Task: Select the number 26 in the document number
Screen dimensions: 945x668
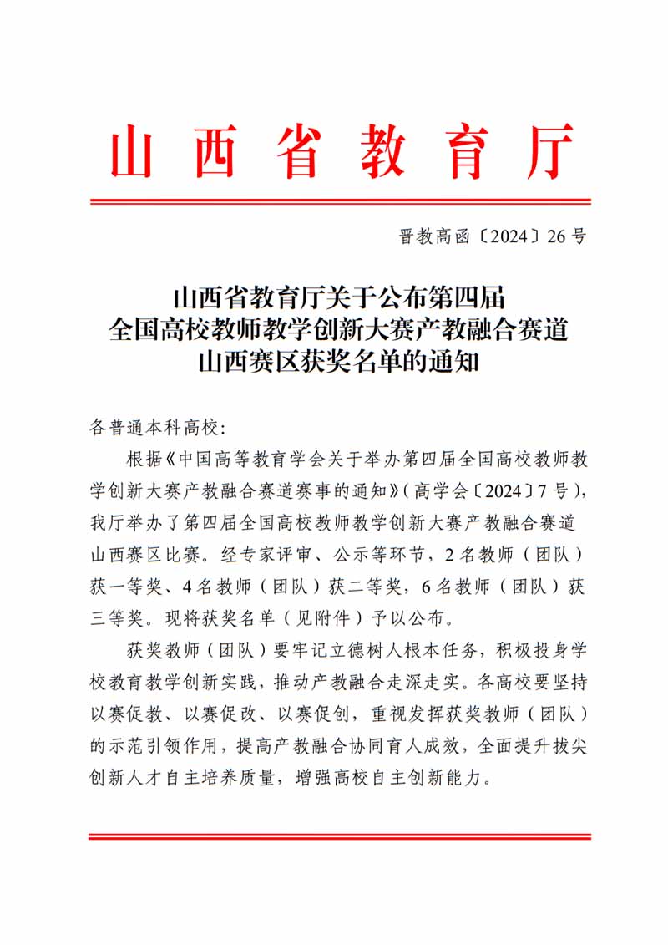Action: coord(556,236)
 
